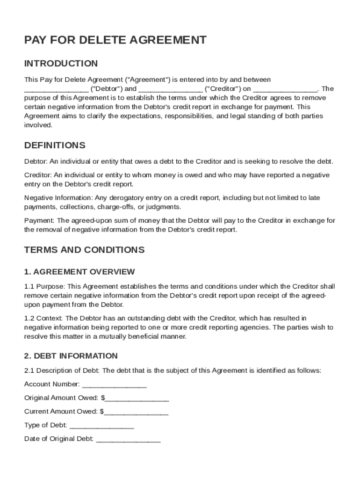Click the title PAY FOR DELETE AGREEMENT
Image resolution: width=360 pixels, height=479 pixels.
(x=115, y=40)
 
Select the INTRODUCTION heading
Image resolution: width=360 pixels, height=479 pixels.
(x=61, y=64)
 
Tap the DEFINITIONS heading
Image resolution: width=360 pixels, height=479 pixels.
(x=55, y=145)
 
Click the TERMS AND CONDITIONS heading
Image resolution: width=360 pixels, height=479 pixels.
(x=84, y=250)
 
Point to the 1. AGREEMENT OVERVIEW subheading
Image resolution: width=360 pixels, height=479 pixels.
(x=79, y=272)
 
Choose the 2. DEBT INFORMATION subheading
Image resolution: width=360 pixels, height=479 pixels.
(x=71, y=356)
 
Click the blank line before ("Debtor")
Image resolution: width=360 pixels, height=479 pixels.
(x=56, y=89)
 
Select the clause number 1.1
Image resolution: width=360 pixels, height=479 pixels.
(x=29, y=286)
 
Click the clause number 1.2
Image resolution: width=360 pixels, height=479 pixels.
(x=29, y=319)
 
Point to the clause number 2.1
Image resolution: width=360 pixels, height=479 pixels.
(x=29, y=370)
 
